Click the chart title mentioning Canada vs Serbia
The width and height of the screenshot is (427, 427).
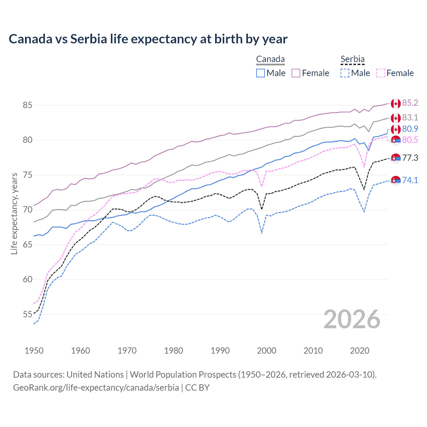point(148,39)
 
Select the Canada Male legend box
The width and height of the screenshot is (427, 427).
point(261,73)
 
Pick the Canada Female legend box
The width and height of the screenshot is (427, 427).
point(296,73)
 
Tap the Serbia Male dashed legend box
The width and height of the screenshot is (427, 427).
point(345,73)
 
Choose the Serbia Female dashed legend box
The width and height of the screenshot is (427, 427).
point(381,73)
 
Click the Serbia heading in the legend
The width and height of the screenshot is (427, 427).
point(352,59)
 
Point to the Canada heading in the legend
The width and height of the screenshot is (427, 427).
point(270,59)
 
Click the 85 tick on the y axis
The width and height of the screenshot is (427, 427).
point(27,105)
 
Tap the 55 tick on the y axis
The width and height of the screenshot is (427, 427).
point(27,314)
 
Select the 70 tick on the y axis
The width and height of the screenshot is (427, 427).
point(27,210)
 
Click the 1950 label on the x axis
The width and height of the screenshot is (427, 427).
point(34,351)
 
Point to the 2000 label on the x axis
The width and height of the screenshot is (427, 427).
point(267,351)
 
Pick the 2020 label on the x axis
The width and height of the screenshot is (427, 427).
point(360,351)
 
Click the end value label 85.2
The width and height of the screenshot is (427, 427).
point(410,103)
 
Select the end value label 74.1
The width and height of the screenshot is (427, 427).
point(410,180)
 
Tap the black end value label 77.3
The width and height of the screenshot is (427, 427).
point(410,158)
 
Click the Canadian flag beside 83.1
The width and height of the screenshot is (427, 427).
point(396,118)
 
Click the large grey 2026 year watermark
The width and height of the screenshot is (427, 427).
point(352,320)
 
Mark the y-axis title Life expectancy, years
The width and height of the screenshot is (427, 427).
point(14,213)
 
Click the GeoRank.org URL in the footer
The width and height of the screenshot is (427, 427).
point(96,388)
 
